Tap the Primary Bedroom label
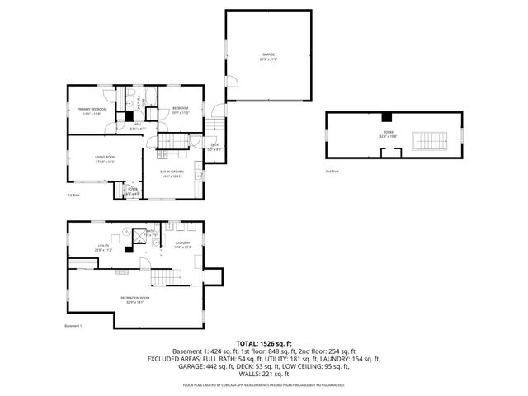93,111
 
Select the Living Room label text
104,159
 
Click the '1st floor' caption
74,196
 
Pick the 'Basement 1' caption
75,326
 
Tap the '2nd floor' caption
332,171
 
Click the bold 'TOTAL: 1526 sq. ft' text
264,342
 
